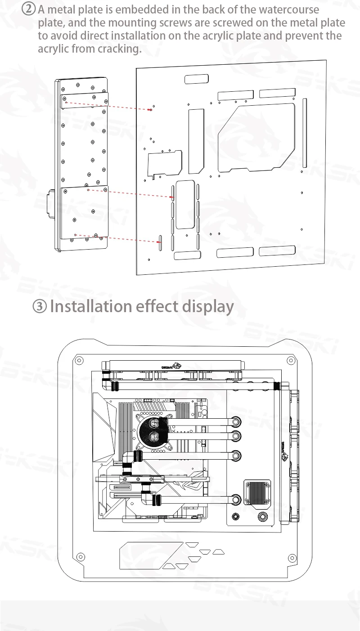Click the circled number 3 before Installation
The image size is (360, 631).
click(x=40, y=307)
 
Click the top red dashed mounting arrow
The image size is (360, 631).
click(x=108, y=106)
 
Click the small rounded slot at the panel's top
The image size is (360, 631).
click(x=197, y=80)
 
